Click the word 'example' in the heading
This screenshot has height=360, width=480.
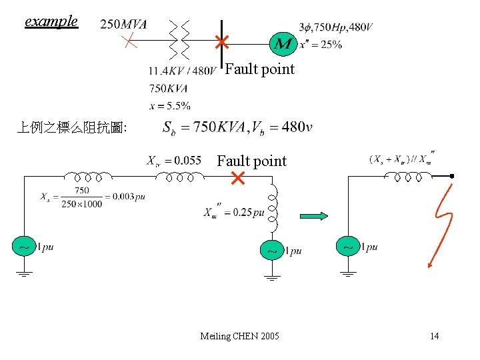(x=51, y=21)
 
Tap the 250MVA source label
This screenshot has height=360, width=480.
(x=123, y=25)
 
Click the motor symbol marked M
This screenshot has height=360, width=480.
(x=283, y=44)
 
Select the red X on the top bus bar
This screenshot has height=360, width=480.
(x=221, y=43)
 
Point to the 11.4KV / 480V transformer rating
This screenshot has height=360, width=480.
(x=182, y=71)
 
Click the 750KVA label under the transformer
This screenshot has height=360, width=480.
(x=168, y=88)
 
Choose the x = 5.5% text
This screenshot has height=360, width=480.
(x=170, y=105)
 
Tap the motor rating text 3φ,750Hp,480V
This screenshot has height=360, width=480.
(x=335, y=27)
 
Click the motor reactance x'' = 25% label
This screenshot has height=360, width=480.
(x=321, y=45)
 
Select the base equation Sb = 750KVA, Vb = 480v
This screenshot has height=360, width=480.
(x=237, y=127)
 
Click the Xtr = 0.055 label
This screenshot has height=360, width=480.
(x=174, y=160)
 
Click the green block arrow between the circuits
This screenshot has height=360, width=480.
(x=313, y=215)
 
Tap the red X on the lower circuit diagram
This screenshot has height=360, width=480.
(x=238, y=177)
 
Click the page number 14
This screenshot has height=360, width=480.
(x=434, y=335)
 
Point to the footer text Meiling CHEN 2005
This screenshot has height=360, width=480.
(x=240, y=335)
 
